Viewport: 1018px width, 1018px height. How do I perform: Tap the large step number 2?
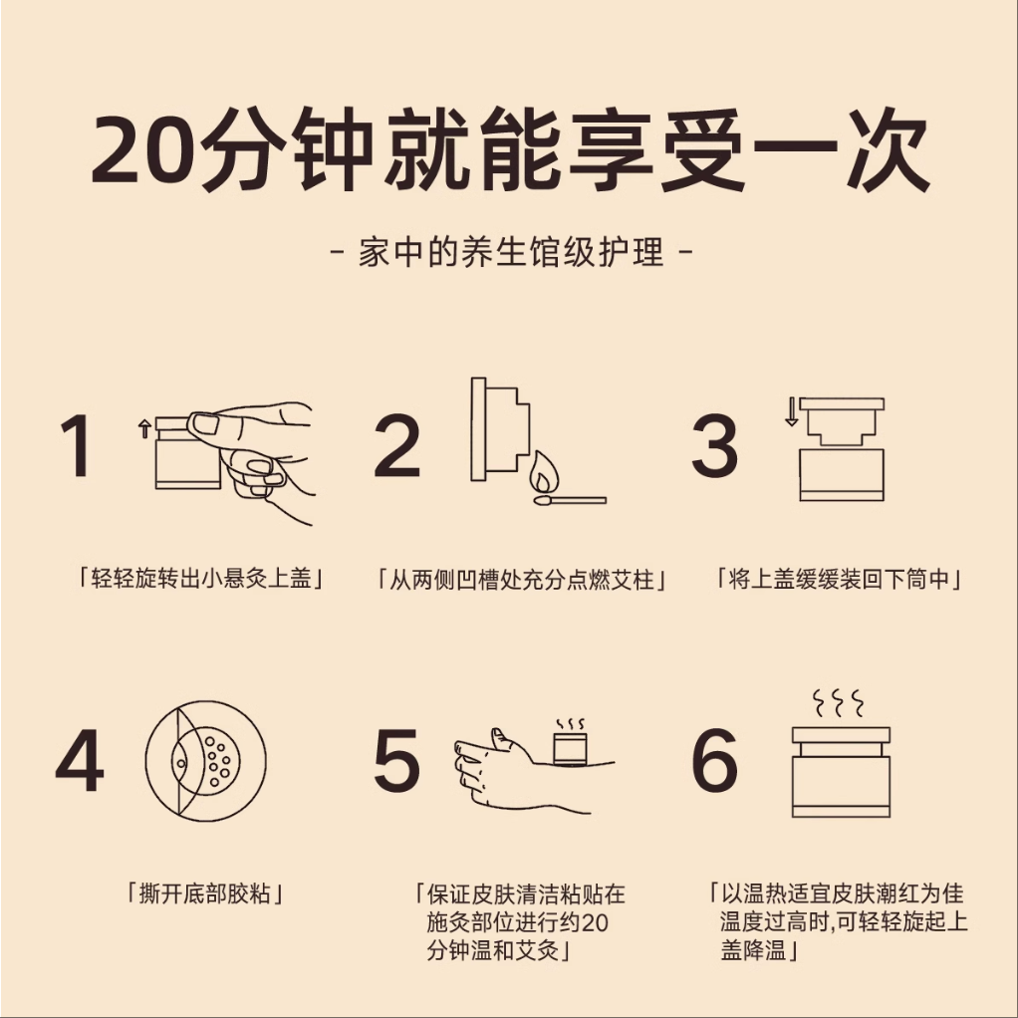(397, 445)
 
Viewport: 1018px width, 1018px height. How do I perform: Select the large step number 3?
(715, 445)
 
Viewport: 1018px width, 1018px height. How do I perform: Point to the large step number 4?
(80, 760)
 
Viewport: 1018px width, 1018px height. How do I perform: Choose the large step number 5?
(396, 760)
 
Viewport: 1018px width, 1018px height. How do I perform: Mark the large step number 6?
(715, 760)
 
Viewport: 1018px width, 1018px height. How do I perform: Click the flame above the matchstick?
(544, 472)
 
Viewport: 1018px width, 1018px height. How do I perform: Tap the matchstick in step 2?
(570, 500)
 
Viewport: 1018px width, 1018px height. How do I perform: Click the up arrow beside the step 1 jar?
(144, 428)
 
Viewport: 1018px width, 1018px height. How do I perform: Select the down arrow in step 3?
(792, 412)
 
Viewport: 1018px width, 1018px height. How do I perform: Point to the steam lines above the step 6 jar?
(839, 703)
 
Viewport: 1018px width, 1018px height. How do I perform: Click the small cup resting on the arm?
(570, 748)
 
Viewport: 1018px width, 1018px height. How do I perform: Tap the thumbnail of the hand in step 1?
(205, 424)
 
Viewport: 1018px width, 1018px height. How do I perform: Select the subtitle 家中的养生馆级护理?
(512, 252)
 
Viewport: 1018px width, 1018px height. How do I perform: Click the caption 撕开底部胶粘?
(204, 894)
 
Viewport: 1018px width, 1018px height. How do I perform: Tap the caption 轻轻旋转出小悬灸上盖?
(200, 578)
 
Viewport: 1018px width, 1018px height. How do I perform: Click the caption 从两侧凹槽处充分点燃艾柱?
(521, 579)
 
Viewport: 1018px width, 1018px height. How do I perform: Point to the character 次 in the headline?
(888, 150)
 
